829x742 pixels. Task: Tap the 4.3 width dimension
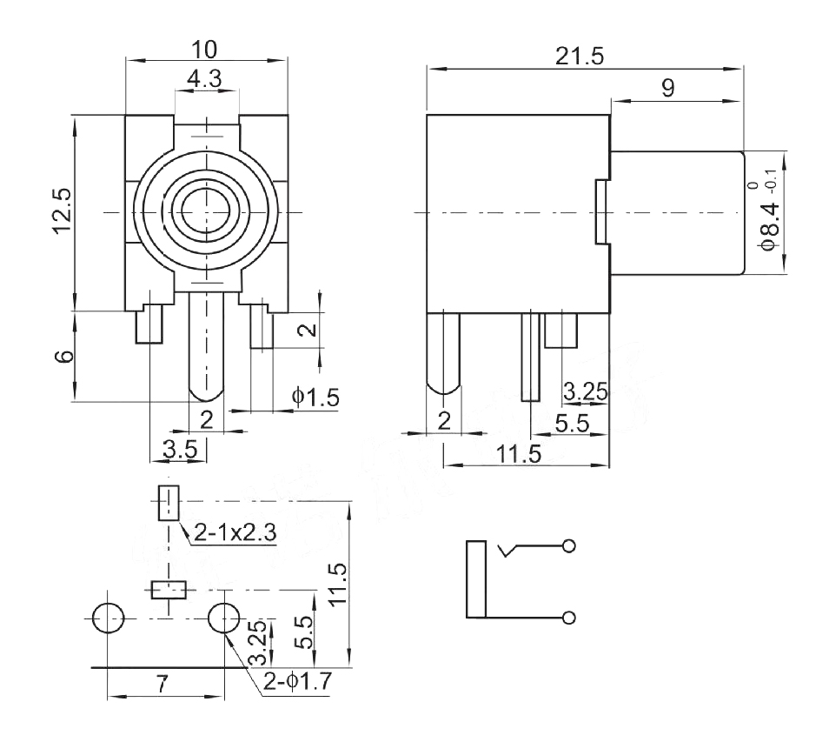pyautogui.click(x=205, y=79)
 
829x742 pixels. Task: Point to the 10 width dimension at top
pyautogui.click(x=207, y=47)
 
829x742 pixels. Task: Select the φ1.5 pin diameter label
pyautogui.click(x=315, y=397)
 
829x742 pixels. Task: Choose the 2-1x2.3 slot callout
pyautogui.click(x=235, y=533)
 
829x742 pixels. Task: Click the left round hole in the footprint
pyautogui.click(x=108, y=618)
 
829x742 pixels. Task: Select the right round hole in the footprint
pyautogui.click(x=224, y=618)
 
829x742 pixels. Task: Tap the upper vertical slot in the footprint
pyautogui.click(x=168, y=503)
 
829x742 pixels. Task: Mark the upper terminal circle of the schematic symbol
pyautogui.click(x=570, y=546)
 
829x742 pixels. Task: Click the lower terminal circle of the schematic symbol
pyautogui.click(x=570, y=618)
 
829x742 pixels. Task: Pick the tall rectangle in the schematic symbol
pyautogui.click(x=475, y=579)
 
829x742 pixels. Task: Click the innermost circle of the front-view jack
pyautogui.click(x=207, y=211)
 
